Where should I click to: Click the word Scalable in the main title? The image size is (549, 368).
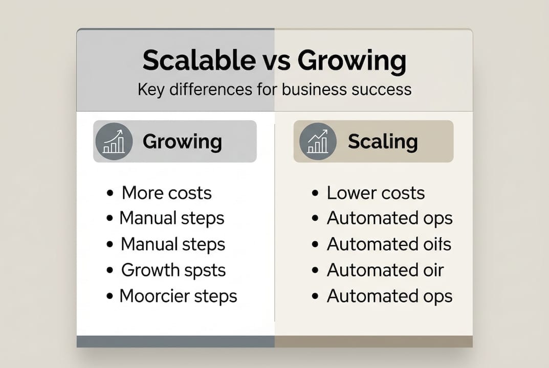(x=197, y=61)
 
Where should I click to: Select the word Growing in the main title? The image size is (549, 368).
(x=352, y=61)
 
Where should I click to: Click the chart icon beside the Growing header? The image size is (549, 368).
(x=114, y=142)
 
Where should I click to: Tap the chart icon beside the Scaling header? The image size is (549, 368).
(x=318, y=142)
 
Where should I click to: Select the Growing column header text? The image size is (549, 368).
(x=182, y=142)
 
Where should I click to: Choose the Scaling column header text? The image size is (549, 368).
(x=383, y=142)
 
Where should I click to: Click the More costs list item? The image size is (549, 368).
(x=166, y=193)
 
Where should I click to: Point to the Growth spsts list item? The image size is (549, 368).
(x=173, y=270)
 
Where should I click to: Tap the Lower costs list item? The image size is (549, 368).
(x=376, y=193)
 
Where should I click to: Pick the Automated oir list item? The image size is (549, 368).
(x=385, y=270)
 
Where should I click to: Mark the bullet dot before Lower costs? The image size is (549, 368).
(x=316, y=193)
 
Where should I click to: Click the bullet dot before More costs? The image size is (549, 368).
(x=110, y=193)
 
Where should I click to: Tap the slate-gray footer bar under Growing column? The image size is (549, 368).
(x=175, y=341)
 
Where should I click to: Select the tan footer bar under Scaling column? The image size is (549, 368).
(x=374, y=341)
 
